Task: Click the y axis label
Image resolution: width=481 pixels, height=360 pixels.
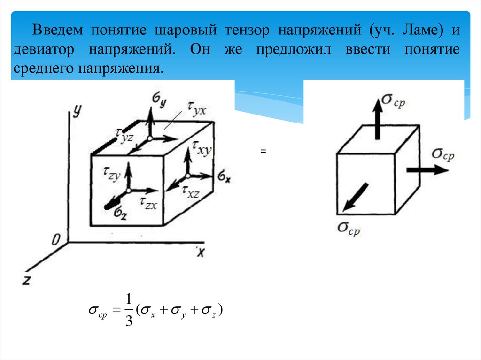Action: pos(78,110)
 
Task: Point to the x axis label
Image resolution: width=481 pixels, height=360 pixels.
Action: pos(201,252)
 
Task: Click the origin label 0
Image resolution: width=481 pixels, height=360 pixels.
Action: pos(56,240)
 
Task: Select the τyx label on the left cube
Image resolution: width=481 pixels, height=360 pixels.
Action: pos(195,110)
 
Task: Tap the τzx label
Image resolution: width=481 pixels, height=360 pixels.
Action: pos(148,202)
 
